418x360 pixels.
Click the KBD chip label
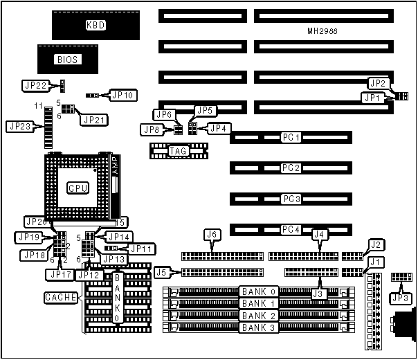pyautogui.click(x=96, y=26)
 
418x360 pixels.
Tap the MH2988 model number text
pyautogui.click(x=322, y=32)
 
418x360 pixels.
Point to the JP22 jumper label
pyautogui.click(x=36, y=86)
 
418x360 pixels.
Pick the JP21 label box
pyautogui.click(x=95, y=120)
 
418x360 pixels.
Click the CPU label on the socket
pyautogui.click(x=76, y=188)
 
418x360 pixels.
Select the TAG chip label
pyautogui.click(x=178, y=150)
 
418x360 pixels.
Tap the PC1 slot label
pyautogui.click(x=291, y=138)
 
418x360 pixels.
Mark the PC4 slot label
pyautogui.click(x=291, y=229)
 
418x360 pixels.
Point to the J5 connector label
pyautogui.click(x=162, y=271)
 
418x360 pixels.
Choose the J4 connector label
pyautogui.click(x=319, y=235)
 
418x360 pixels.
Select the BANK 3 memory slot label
pyautogui.click(x=259, y=327)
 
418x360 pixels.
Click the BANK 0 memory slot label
pyautogui.click(x=259, y=291)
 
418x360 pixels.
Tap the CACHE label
pyautogui.click(x=58, y=298)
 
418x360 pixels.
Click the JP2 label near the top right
pyautogui.click(x=377, y=84)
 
